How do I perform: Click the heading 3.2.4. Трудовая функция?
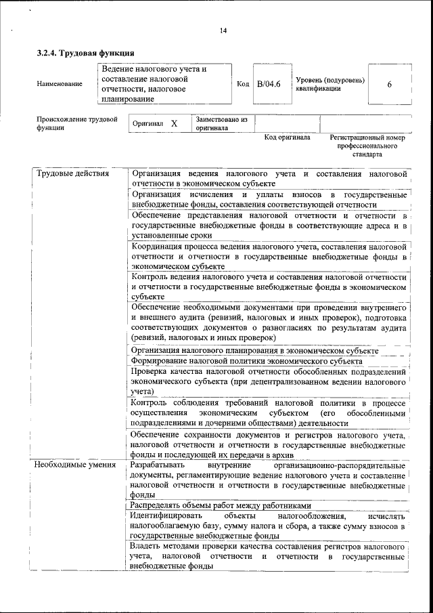(85, 53)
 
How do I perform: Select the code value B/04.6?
(269, 84)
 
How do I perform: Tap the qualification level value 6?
(389, 85)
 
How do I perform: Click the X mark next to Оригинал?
(174, 124)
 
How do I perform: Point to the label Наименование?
(60, 84)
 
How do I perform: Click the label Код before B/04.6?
(243, 84)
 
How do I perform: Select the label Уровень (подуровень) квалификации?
(330, 84)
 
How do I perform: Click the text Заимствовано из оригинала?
(221, 123)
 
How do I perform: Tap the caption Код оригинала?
(287, 138)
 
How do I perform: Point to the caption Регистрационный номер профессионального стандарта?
(367, 146)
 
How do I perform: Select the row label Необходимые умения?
(75, 465)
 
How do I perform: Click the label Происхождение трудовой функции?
(76, 123)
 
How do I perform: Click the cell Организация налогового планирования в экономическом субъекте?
(255, 351)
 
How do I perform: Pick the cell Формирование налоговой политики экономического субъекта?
(247, 361)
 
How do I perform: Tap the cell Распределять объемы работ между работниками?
(221, 505)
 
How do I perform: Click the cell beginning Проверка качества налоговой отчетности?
(269, 381)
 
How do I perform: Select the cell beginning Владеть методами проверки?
(269, 555)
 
